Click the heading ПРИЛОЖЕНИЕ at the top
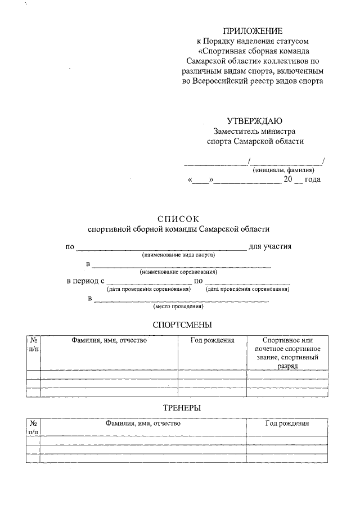pyautogui.click(x=253, y=30)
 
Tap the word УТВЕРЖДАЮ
pyautogui.click(x=254, y=121)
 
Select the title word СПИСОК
pyautogui.click(x=178, y=218)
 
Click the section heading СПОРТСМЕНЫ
pyautogui.click(x=182, y=325)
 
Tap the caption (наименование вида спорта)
pyautogui.click(x=179, y=255)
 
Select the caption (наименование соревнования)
pyautogui.click(x=178, y=272)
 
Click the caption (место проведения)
pyautogui.click(x=178, y=307)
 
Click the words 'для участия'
pyautogui.click(x=270, y=246)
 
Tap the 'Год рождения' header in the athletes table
pyautogui.click(x=212, y=340)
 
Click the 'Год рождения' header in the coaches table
pyautogui.click(x=287, y=423)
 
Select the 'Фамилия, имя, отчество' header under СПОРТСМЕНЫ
pyautogui.click(x=109, y=340)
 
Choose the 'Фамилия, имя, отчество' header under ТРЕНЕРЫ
pyautogui.click(x=143, y=423)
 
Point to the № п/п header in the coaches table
pyautogui.click(x=33, y=427)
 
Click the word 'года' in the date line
pyautogui.click(x=312, y=180)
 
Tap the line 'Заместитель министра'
pyautogui.click(x=254, y=131)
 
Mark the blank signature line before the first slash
pyautogui.click(x=216, y=164)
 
